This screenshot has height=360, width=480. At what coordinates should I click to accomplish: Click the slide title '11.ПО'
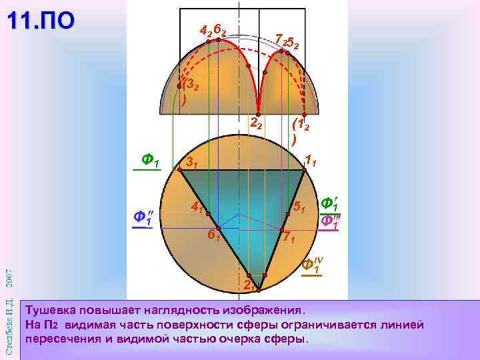pyautogui.click(x=41, y=21)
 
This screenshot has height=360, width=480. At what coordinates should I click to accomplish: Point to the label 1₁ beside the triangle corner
pyautogui.click(x=310, y=160)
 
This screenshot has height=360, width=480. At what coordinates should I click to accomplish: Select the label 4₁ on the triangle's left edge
pyautogui.click(x=196, y=207)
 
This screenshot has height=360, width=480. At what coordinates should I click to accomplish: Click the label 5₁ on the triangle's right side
pyautogui.click(x=299, y=208)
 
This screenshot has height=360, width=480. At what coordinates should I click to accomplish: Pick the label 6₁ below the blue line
pyautogui.click(x=213, y=235)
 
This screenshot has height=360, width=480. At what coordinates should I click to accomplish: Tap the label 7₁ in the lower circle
pyautogui.click(x=289, y=237)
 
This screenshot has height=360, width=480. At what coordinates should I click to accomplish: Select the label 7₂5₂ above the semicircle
pyautogui.click(x=287, y=41)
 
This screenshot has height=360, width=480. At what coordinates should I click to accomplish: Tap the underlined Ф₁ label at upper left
pyautogui.click(x=150, y=160)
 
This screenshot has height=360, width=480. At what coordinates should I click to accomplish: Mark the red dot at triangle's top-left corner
pyautogui.click(x=181, y=170)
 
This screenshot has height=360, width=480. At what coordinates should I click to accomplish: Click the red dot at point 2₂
pyautogui.click(x=259, y=113)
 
